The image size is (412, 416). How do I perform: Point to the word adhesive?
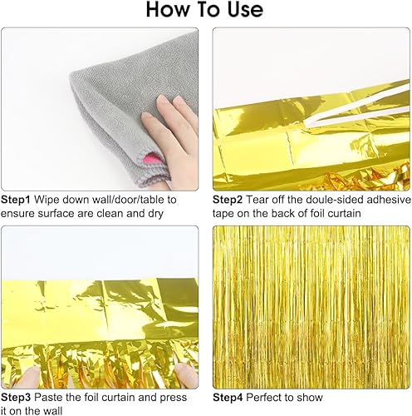pyautogui.click(x=387, y=200)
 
